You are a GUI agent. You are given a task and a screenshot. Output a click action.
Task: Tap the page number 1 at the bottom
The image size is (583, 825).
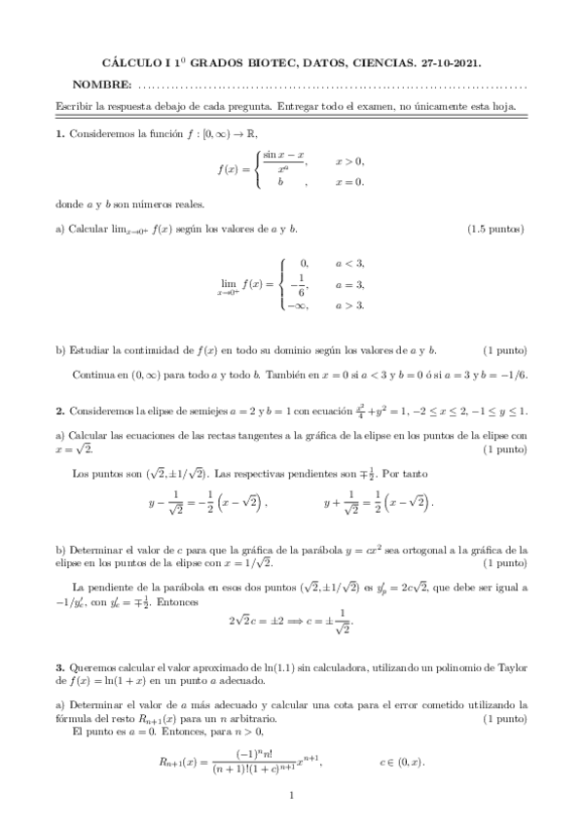pyautogui.click(x=292, y=797)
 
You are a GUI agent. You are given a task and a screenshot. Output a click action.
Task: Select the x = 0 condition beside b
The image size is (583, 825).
pyautogui.click(x=349, y=181)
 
